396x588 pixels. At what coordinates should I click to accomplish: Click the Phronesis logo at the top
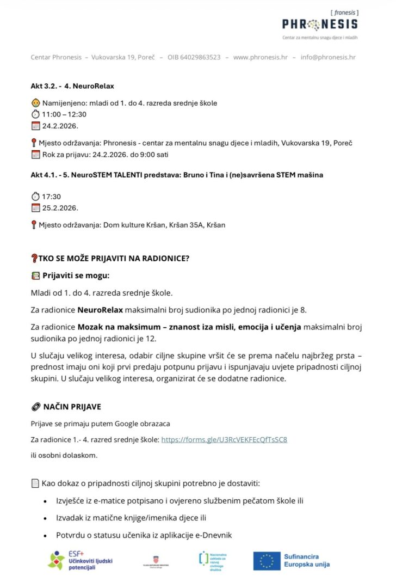click(320, 24)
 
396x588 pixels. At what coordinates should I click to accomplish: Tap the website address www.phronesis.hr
click(260, 57)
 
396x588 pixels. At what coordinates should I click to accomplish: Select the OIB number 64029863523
click(194, 57)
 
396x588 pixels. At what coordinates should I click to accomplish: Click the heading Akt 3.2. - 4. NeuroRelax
click(72, 86)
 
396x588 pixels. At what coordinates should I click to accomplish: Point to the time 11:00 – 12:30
click(64, 114)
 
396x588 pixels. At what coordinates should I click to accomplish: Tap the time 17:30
click(51, 197)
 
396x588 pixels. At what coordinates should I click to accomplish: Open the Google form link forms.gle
click(224, 439)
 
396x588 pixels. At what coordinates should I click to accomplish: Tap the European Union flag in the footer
click(267, 561)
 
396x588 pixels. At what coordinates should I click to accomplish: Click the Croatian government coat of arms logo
click(156, 560)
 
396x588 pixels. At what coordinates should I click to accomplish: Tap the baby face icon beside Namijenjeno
click(35, 103)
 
